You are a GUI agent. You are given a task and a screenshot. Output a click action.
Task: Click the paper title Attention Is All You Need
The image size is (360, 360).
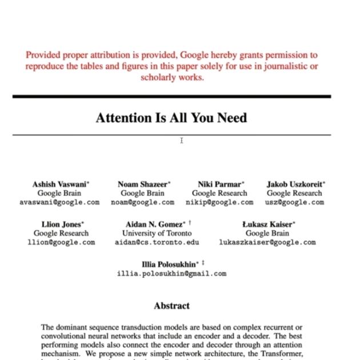point(171,118)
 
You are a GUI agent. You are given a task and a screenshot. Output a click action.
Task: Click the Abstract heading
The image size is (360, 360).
point(171,306)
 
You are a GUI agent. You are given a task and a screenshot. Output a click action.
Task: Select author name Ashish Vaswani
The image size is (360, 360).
point(59,185)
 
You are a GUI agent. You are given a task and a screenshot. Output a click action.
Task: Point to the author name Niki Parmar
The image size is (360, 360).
point(219,185)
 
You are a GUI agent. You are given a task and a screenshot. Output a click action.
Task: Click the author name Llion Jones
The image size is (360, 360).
point(61,225)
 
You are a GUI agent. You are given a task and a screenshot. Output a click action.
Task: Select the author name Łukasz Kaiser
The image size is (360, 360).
point(266,225)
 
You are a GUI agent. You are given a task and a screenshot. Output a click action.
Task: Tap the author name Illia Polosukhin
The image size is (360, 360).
point(169,265)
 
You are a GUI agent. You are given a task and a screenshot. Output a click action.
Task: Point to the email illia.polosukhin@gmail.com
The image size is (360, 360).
point(171,274)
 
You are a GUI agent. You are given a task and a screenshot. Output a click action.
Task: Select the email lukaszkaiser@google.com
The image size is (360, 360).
point(267,242)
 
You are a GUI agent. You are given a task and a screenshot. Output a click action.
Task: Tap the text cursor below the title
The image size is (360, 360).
point(182,141)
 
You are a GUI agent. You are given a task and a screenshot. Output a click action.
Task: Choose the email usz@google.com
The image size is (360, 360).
point(295,202)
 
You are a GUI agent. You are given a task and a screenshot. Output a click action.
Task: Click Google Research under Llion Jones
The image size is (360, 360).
point(61,233)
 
